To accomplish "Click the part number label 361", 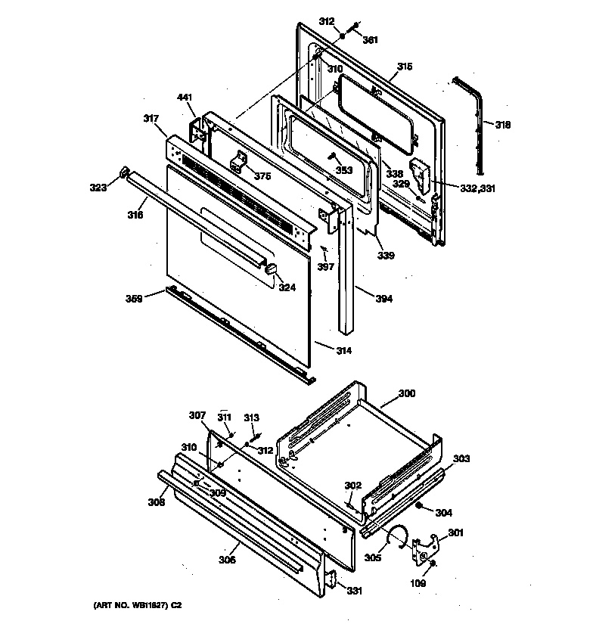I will click(x=370, y=40).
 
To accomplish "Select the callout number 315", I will click(x=405, y=67).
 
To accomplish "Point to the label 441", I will click(x=185, y=98).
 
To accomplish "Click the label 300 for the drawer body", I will click(x=406, y=394).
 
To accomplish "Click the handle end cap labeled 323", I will click(x=122, y=175).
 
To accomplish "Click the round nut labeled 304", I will click(x=420, y=506).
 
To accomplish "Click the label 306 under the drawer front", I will click(x=227, y=560).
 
